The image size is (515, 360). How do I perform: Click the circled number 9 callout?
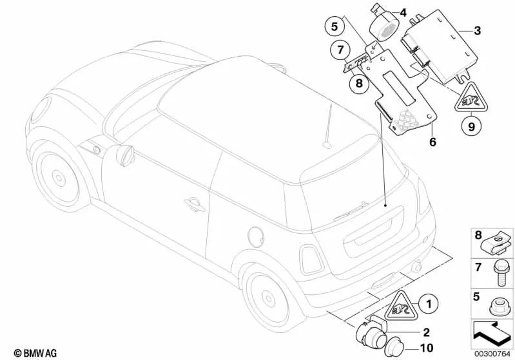(471, 127)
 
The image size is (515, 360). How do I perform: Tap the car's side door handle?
(192, 204)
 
